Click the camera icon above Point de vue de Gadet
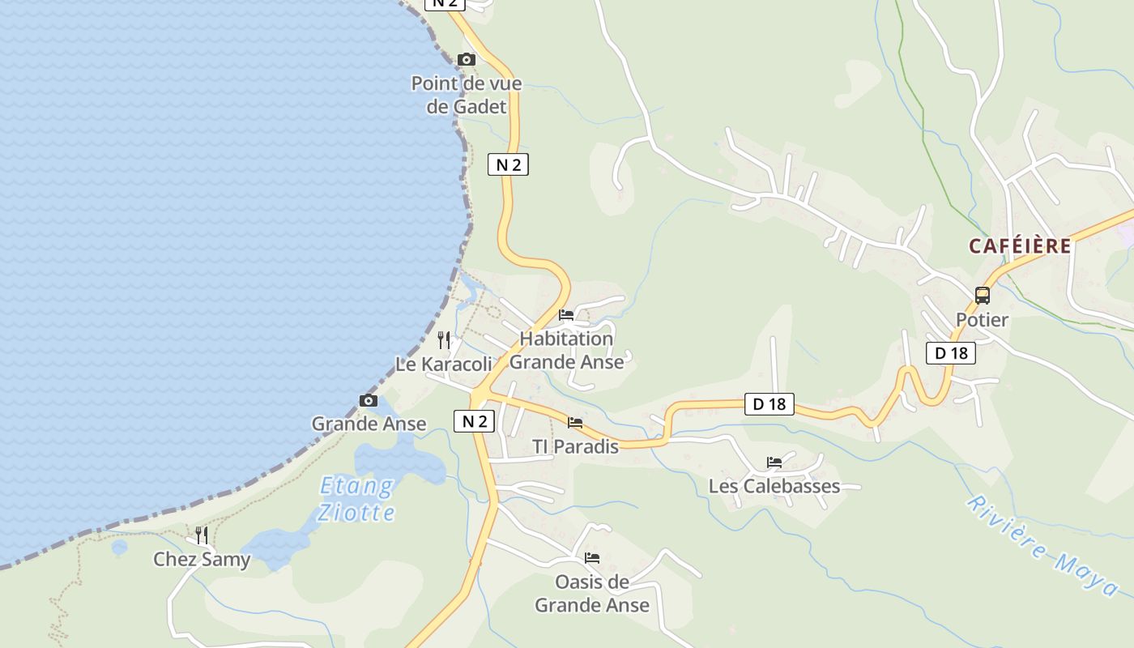467,59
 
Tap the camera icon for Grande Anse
369,400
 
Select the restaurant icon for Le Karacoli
444,339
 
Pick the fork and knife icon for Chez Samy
202,535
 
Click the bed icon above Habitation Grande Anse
566,314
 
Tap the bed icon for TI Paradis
575,422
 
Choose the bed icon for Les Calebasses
774,463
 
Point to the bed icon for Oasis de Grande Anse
592,557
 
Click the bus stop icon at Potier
983,295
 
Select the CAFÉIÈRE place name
1020,246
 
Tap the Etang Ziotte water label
356,499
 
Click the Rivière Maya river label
1046,545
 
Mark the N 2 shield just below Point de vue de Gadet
508,165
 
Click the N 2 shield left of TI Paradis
474,421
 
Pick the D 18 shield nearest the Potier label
951,353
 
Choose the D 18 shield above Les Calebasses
769,403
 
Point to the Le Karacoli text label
443,364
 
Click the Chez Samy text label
202,560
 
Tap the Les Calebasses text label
774,487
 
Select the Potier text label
982,320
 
